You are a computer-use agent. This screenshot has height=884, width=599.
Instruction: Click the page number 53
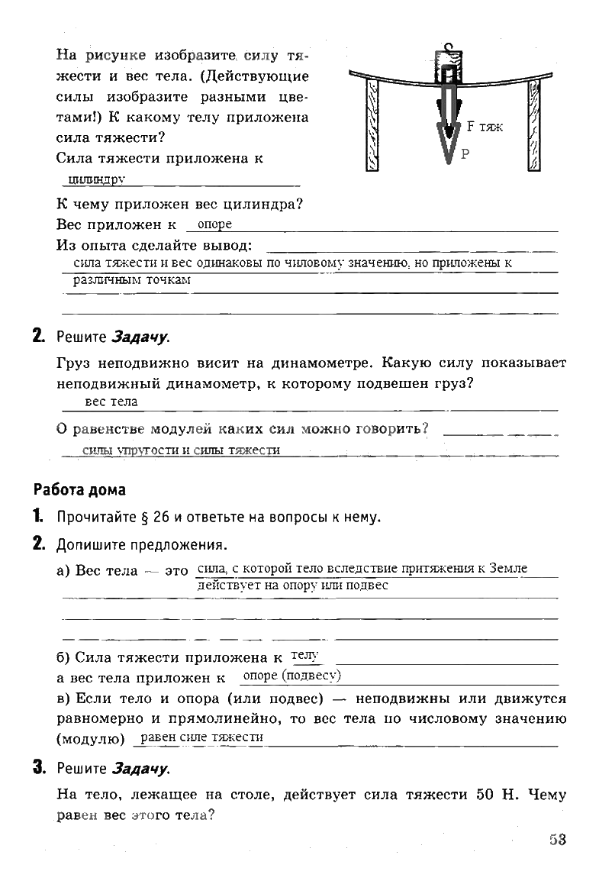click(557, 840)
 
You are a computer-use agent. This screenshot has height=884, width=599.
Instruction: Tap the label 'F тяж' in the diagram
click(485, 127)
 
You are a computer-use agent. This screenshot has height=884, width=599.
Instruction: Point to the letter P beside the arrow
click(465, 153)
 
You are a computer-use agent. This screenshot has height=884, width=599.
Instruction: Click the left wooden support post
click(372, 126)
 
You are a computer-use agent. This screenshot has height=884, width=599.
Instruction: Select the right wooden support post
click(533, 126)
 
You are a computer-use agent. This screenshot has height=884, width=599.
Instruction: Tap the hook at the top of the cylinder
click(449, 47)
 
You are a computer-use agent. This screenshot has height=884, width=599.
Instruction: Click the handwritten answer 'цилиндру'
click(96, 179)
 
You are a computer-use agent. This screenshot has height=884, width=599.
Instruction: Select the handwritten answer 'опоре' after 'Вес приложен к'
click(214, 224)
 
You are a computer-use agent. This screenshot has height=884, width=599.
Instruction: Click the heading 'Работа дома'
click(79, 489)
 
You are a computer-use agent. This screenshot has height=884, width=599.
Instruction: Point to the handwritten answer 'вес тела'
click(111, 402)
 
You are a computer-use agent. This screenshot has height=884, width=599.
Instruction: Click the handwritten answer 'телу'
click(304, 655)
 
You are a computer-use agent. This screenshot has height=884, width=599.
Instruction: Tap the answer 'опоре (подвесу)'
click(290, 676)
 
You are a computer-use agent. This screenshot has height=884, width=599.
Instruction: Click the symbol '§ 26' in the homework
click(150, 517)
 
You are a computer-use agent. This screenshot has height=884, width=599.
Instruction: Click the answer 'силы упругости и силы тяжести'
click(181, 450)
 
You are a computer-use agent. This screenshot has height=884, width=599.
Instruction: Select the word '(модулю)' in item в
click(91, 739)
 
